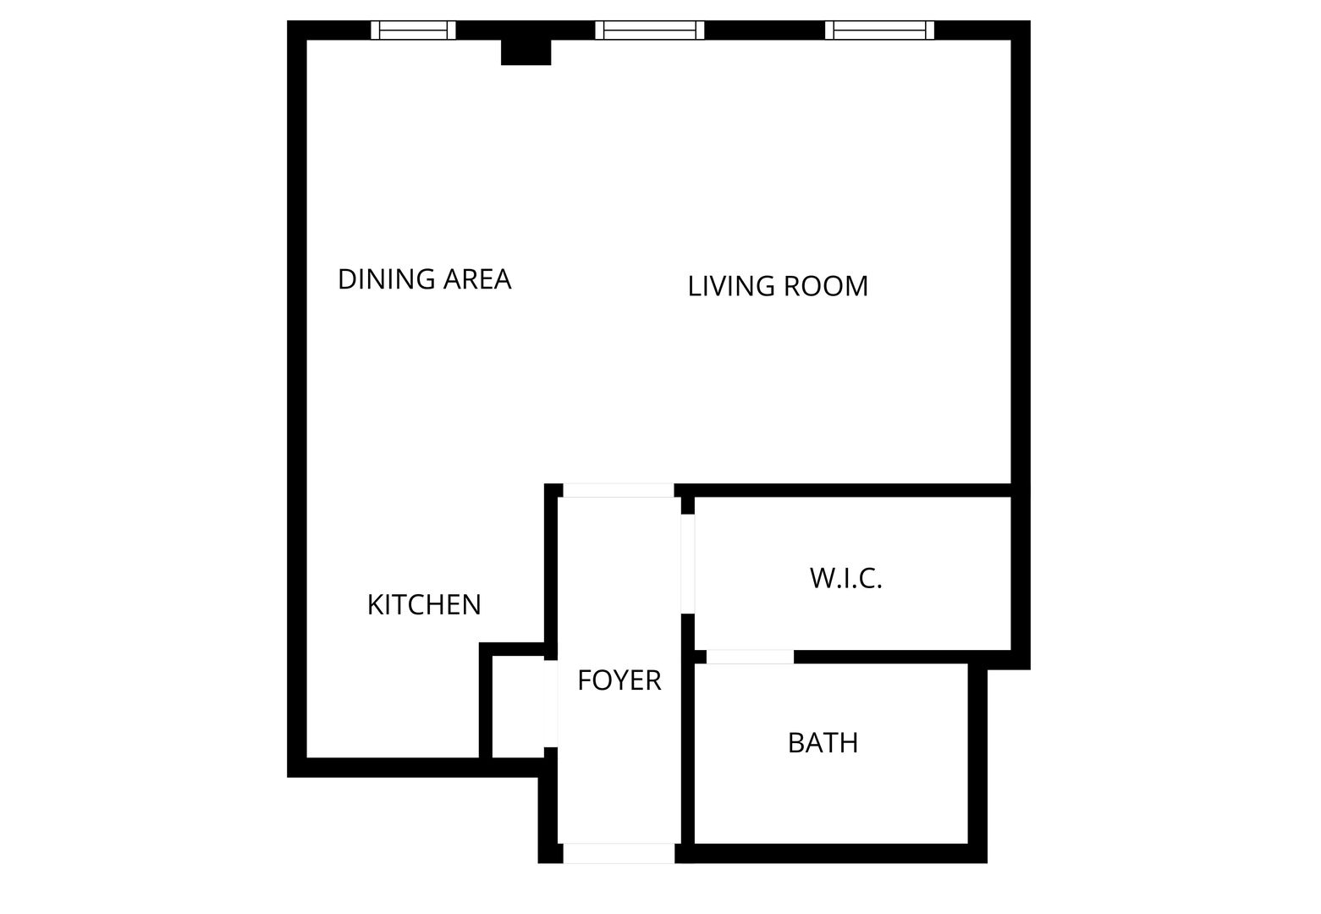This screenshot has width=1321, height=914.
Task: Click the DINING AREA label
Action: click(x=424, y=279)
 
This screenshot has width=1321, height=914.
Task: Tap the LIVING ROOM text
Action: click(x=778, y=286)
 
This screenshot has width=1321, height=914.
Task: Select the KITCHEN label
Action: click(x=424, y=604)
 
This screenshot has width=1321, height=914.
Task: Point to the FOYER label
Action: click(x=619, y=680)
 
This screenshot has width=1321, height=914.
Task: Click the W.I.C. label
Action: click(x=845, y=578)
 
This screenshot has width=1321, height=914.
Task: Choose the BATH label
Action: click(x=823, y=742)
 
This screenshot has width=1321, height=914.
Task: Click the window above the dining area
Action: click(x=414, y=30)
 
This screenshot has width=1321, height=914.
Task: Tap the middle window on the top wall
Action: click(x=650, y=30)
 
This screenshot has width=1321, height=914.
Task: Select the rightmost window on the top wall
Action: click(x=880, y=30)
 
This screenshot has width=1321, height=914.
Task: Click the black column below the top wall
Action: click(x=526, y=52)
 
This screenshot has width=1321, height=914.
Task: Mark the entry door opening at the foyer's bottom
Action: click(x=619, y=853)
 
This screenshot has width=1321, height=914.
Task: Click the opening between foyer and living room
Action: click(x=619, y=490)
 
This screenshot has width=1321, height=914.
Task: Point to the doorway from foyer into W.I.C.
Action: click(x=688, y=564)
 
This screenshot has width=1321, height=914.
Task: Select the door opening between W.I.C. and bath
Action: click(x=750, y=657)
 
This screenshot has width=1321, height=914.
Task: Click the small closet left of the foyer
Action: click(x=518, y=707)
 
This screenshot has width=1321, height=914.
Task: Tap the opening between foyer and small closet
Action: click(x=550, y=703)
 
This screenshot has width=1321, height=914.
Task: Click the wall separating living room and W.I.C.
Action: click(x=844, y=490)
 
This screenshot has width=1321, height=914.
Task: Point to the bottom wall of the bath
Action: click(x=831, y=853)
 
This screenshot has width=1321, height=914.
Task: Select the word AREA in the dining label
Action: click(x=477, y=279)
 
